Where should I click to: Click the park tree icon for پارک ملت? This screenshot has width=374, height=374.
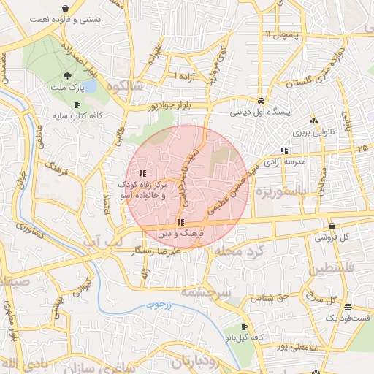pyautogui.click(x=67, y=76)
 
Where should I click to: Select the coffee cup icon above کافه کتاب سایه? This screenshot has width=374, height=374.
pyautogui.click(x=77, y=104)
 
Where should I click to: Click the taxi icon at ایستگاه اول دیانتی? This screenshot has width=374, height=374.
pyautogui.click(x=261, y=101)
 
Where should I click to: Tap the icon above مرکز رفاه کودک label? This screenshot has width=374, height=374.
pyautogui.click(x=142, y=173)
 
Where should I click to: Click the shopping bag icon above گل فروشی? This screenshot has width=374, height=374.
pyautogui.click(x=332, y=226)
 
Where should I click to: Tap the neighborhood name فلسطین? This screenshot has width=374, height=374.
pyautogui.click(x=335, y=270)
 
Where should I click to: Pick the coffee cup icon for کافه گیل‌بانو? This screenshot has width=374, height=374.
pyautogui.click(x=245, y=327)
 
